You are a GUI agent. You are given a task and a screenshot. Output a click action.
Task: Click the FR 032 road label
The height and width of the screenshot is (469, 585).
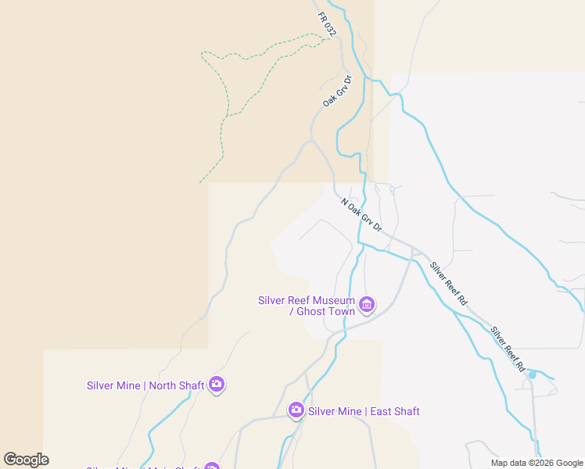coord(327,23)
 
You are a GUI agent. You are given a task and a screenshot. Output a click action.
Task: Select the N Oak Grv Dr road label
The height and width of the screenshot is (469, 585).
coord(361,214)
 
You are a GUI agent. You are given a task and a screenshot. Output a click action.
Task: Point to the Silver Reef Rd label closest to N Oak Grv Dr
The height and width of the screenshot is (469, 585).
coord(448,282)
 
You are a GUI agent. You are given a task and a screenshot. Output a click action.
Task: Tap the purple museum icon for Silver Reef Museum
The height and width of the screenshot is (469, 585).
coord(367,304)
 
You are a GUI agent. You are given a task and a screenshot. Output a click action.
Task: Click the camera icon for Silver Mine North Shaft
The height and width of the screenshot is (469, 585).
coord(217,385)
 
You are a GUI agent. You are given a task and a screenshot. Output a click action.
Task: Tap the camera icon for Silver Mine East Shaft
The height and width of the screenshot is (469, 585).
coord(296,410)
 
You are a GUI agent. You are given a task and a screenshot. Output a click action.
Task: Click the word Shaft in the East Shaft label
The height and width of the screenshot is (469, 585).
coord(405,411)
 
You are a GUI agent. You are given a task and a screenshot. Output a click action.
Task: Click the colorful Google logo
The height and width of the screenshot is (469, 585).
coord(26,460)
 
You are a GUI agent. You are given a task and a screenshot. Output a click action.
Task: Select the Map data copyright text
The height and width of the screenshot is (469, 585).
coord(536,463)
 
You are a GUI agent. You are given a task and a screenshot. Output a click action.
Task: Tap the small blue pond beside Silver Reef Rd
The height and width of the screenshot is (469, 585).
coord(532,374)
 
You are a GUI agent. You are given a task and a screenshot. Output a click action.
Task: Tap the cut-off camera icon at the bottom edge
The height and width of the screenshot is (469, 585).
coord(211,467)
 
